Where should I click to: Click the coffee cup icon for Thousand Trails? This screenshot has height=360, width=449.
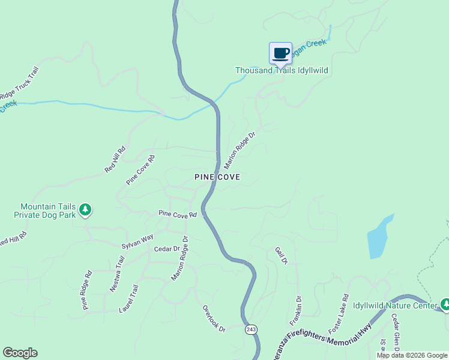(x=280, y=53)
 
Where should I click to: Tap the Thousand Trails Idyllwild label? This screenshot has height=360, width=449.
(x=281, y=71)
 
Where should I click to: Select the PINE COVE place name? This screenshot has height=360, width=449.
(x=217, y=177)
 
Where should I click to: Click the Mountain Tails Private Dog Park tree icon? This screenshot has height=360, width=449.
(x=86, y=209)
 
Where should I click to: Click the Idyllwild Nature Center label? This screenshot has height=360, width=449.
(x=394, y=305)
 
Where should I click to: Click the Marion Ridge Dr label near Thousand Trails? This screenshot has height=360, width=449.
(x=240, y=150)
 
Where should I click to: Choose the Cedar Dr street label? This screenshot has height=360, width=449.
(x=167, y=249)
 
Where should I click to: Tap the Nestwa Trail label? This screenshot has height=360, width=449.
(x=116, y=274)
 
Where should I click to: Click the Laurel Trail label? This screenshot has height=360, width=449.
(x=132, y=298)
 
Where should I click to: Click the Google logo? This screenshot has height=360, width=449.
(x=20, y=353)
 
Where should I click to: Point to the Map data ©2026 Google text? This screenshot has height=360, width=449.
(x=412, y=355)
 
